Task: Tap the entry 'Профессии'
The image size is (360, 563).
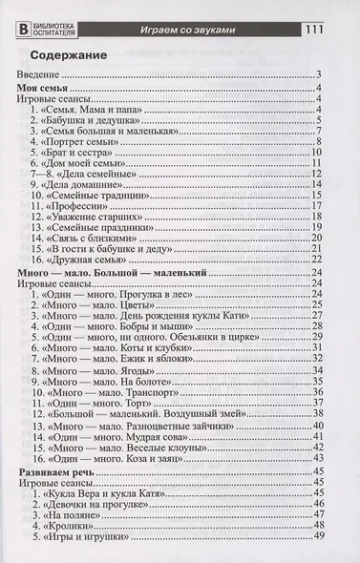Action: tap(78, 204)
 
